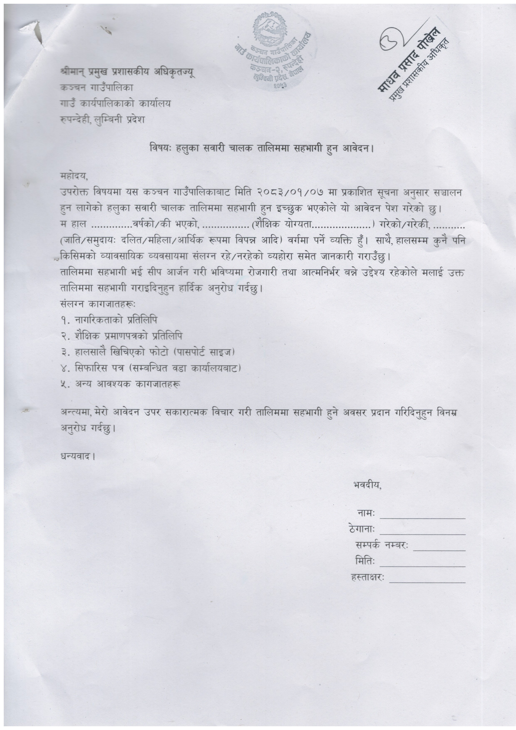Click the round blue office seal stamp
point(273,51)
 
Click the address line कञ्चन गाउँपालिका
point(97,87)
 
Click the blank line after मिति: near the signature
point(423,566)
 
